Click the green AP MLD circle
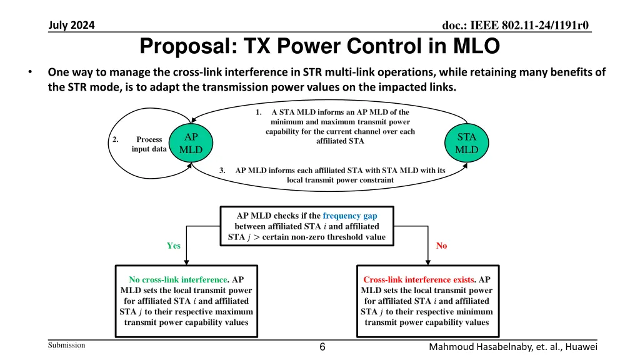190,144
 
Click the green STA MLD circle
466,144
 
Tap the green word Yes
174,246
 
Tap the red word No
441,246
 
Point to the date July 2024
71,26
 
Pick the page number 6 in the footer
321,347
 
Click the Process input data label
149,144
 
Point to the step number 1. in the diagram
259,112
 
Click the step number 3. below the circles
222,170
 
